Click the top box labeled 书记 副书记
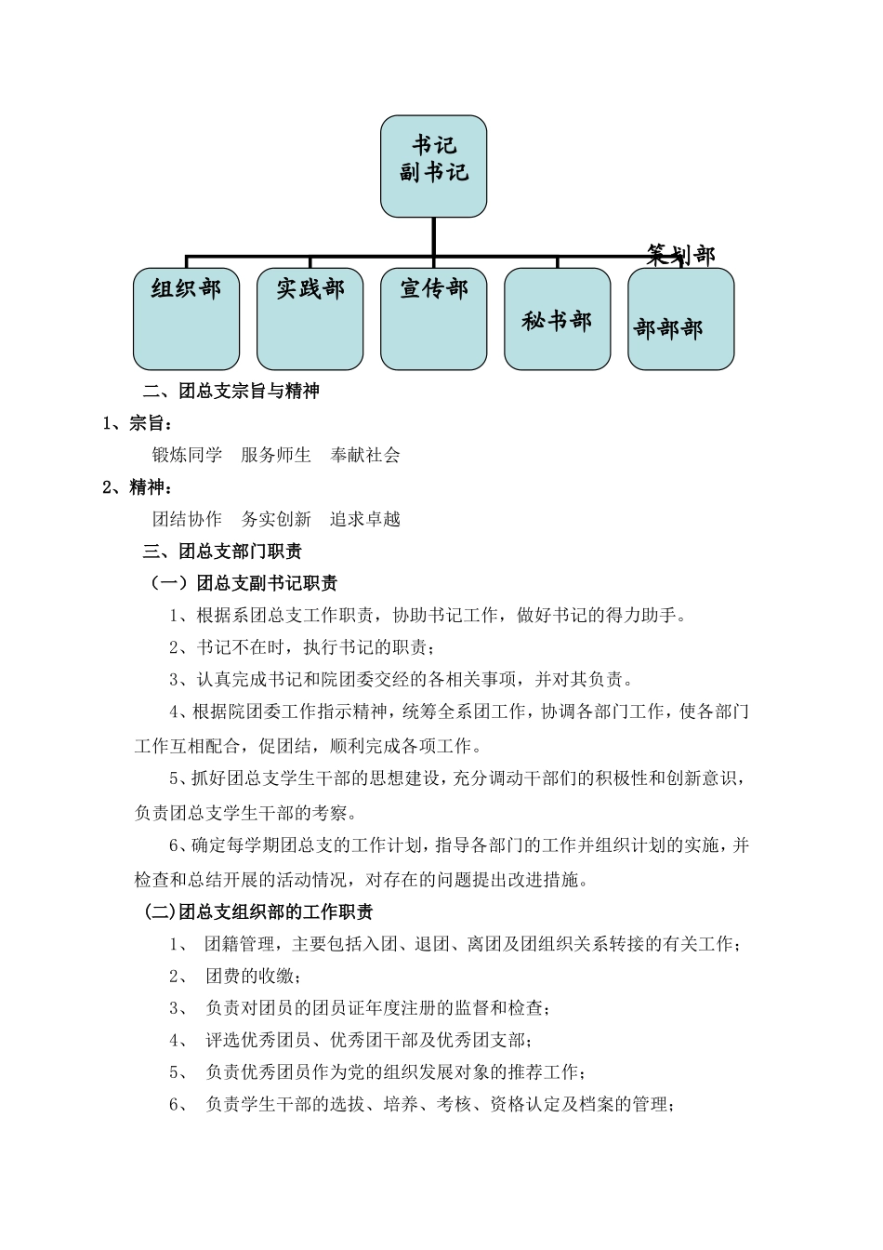coord(433,166)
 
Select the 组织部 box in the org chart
coord(186,319)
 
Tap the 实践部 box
coord(310,319)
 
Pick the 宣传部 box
coord(433,319)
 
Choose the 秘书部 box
coord(557,319)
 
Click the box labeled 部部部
coord(680,319)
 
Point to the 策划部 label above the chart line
coord(681,255)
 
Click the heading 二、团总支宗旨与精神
coord(231,392)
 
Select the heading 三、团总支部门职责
coord(223,552)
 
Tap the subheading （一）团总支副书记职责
coord(244,584)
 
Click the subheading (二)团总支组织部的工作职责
coord(259,912)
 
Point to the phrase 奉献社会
coord(365,456)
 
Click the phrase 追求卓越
coord(365,520)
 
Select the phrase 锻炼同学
coord(188,456)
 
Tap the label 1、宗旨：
coord(138,424)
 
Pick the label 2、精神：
coord(138,487)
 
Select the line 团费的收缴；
coord(254,977)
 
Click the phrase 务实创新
coord(276,520)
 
